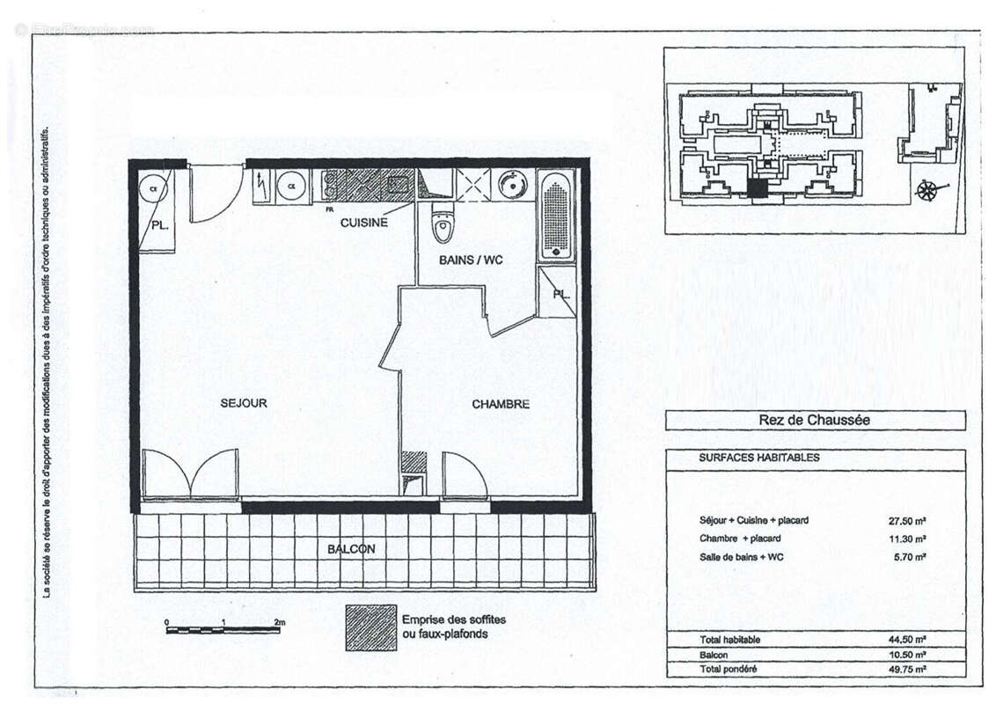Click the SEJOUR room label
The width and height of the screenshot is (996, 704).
244,403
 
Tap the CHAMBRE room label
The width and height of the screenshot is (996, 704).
501,404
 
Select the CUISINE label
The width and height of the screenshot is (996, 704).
364,223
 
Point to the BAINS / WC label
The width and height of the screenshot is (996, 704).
471,260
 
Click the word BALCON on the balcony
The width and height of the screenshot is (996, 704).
351,548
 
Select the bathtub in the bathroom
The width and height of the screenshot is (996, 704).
555,215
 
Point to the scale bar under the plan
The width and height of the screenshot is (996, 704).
223,629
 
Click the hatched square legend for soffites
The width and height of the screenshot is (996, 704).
370,627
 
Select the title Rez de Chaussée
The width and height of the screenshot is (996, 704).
814,421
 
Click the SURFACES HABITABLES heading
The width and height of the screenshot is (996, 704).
759,458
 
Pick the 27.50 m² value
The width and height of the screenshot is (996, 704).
906,520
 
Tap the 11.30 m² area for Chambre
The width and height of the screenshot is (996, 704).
906,539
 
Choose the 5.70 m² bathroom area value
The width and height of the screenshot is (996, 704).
909,557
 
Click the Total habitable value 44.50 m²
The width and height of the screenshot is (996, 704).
906,640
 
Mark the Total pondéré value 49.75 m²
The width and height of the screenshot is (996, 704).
906,670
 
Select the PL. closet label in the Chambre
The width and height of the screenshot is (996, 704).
560,293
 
